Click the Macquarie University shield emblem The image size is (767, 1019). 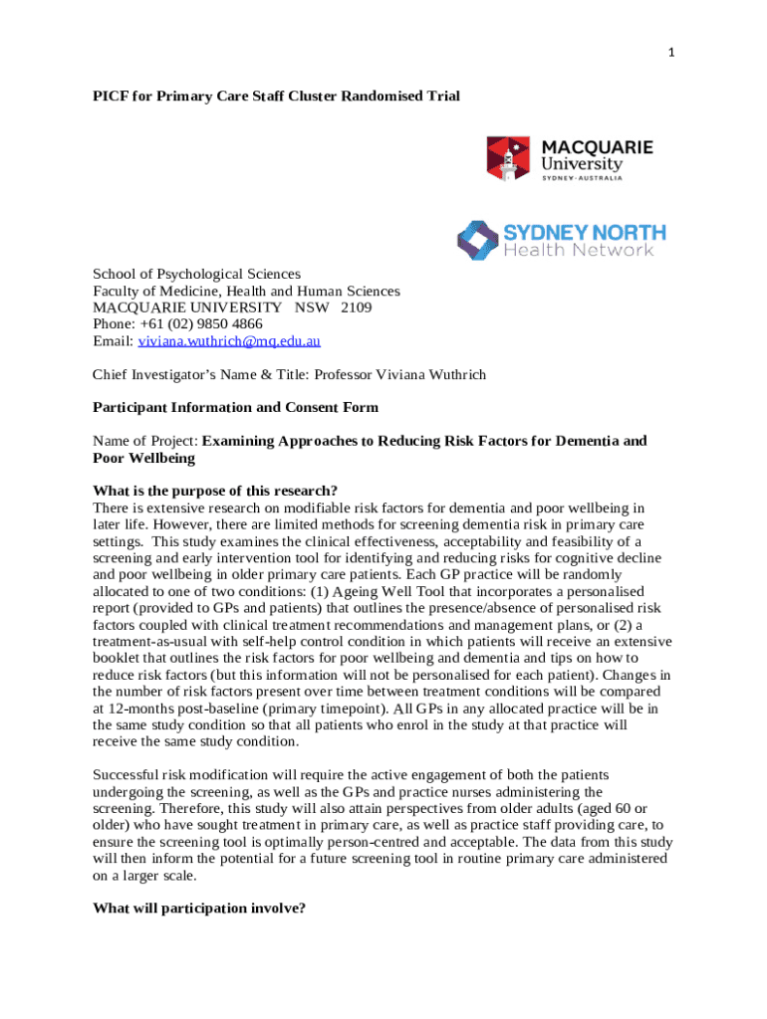[509, 158]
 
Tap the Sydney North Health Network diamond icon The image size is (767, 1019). [477, 240]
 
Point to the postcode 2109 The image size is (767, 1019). [356, 307]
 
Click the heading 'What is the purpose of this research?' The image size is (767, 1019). [215, 491]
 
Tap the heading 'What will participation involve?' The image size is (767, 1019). [198, 908]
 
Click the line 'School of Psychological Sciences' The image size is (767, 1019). [196, 274]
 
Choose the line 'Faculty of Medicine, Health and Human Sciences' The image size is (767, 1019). [246, 291]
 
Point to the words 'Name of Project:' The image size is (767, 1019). [145, 441]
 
